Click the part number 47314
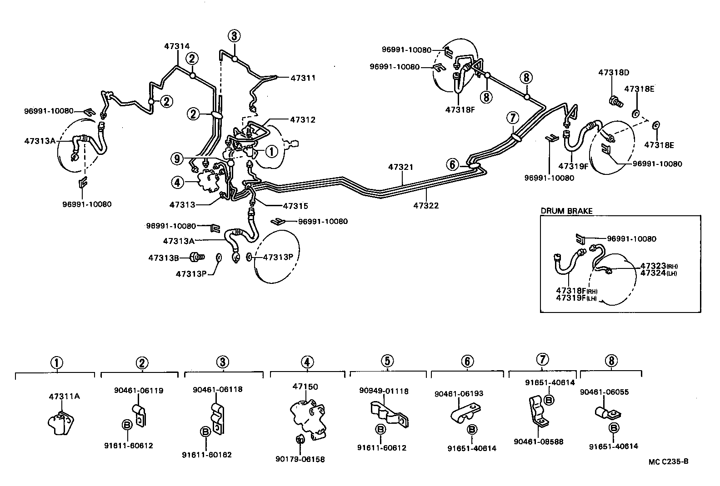[177, 46]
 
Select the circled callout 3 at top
[234, 35]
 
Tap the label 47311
[303, 78]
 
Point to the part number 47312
[303, 120]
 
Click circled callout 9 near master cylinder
[177, 159]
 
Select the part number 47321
[400, 167]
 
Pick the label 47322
[426, 205]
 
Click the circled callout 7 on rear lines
[512, 118]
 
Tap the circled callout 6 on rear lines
[452, 164]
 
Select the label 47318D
[614, 73]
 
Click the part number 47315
[295, 206]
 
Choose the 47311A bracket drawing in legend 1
[60, 422]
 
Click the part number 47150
[305, 387]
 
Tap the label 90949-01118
[384, 391]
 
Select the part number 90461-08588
[538, 441]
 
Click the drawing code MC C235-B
[668, 462]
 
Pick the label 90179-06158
[300, 459]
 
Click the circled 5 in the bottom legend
[387, 361]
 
